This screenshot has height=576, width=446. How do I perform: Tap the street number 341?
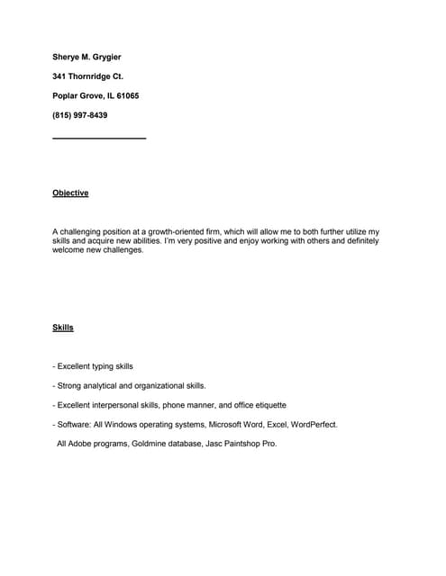click(x=60, y=76)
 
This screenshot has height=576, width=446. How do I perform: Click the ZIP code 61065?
click(x=127, y=95)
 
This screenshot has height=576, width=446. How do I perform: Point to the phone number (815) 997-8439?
click(x=80, y=114)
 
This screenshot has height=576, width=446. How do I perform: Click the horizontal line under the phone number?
click(x=99, y=138)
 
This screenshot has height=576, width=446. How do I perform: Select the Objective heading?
click(x=70, y=193)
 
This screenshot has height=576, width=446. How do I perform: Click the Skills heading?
click(x=63, y=328)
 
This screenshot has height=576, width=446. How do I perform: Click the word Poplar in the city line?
click(x=66, y=95)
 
